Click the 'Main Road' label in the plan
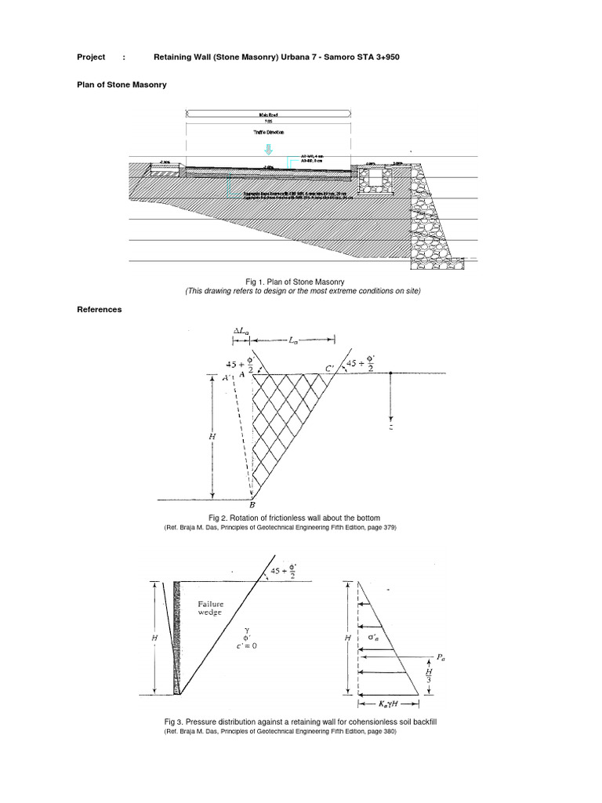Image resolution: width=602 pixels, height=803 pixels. pyautogui.click(x=268, y=114)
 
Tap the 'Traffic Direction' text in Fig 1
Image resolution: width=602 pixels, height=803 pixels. pyautogui.click(x=268, y=133)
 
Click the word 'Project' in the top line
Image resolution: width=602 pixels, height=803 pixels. pyautogui.click(x=91, y=58)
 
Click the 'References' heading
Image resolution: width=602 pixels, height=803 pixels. pyautogui.click(x=100, y=310)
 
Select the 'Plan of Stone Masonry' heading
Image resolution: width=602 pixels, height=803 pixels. pyautogui.click(x=121, y=84)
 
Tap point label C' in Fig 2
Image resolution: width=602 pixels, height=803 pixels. pyautogui.click(x=329, y=367)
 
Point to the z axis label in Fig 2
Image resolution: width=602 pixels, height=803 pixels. pyautogui.click(x=390, y=427)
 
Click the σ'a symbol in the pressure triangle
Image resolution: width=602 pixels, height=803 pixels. pyautogui.click(x=375, y=638)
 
